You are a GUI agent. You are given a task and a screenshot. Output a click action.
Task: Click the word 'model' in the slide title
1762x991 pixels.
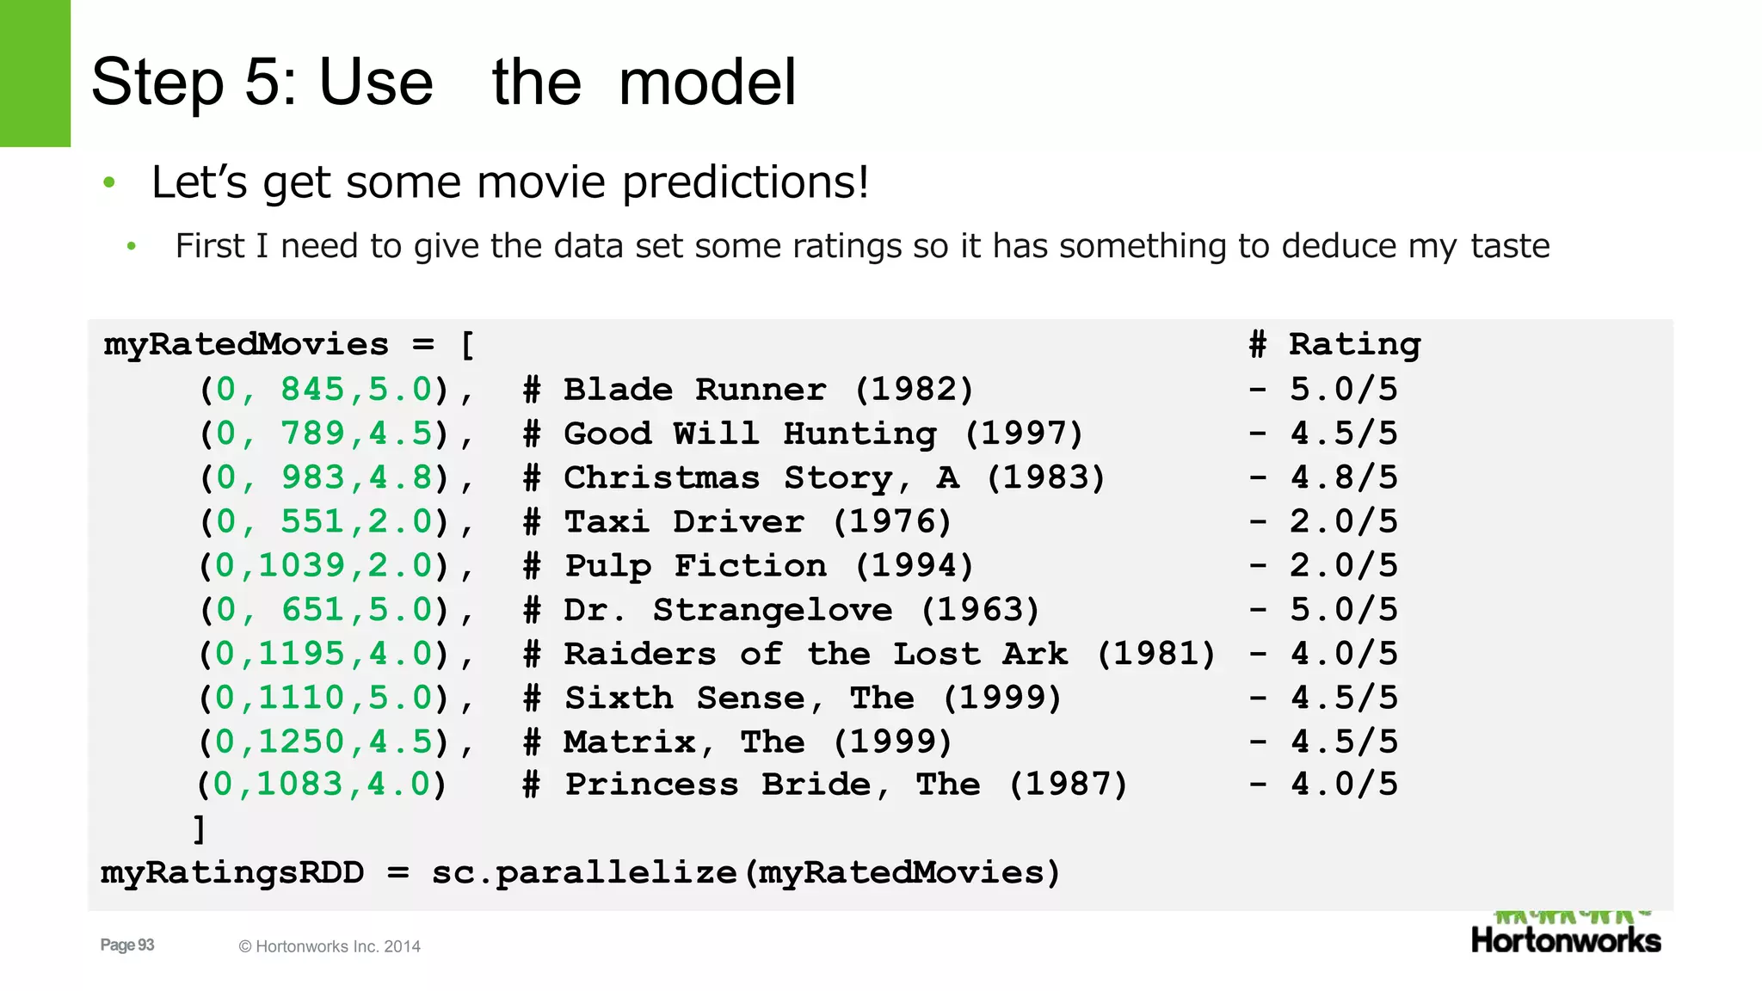point(707,83)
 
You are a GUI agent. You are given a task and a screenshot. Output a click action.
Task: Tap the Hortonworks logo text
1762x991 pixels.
point(1566,940)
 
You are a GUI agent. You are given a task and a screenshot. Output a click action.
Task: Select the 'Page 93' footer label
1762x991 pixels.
point(127,945)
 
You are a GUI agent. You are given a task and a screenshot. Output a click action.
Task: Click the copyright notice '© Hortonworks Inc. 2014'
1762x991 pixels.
point(330,947)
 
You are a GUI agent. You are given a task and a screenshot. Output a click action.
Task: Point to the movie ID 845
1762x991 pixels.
point(313,390)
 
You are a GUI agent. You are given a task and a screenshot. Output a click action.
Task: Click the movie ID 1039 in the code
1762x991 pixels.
point(302,566)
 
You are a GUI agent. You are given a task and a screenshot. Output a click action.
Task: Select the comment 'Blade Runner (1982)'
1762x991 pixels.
point(767,390)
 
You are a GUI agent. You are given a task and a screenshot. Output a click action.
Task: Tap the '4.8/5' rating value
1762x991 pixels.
point(1344,477)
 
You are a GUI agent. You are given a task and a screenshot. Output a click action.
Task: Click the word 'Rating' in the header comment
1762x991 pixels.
point(1354,345)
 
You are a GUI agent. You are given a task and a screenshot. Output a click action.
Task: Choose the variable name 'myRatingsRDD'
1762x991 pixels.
point(232,873)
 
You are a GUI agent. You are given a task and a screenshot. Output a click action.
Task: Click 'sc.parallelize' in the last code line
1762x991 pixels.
point(583,873)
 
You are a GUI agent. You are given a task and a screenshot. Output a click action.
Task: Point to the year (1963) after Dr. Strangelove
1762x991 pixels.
point(980,610)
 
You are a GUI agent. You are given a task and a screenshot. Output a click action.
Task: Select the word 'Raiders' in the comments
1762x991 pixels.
point(639,654)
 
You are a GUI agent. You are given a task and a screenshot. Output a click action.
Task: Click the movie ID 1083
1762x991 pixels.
point(300,785)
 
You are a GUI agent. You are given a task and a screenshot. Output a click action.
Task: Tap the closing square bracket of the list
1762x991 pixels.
point(200,829)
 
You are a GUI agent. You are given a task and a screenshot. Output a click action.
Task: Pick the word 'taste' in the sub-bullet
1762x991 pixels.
point(1510,246)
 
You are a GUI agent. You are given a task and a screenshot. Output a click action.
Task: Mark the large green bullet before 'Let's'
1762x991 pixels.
point(109,182)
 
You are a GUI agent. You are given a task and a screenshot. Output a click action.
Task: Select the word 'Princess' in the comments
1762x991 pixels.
point(651,785)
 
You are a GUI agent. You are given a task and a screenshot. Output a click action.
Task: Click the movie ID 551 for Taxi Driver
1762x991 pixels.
point(313,521)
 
